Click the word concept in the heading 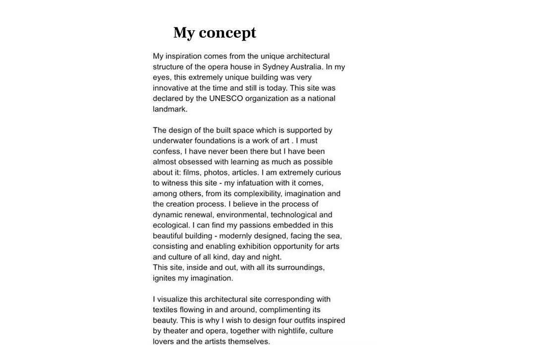tap(227, 33)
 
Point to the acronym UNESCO tap(226, 98)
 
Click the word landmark tap(169, 109)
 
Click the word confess tap(167, 151)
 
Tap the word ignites tap(164, 278)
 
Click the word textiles tap(165, 310)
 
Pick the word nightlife tap(289, 331)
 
